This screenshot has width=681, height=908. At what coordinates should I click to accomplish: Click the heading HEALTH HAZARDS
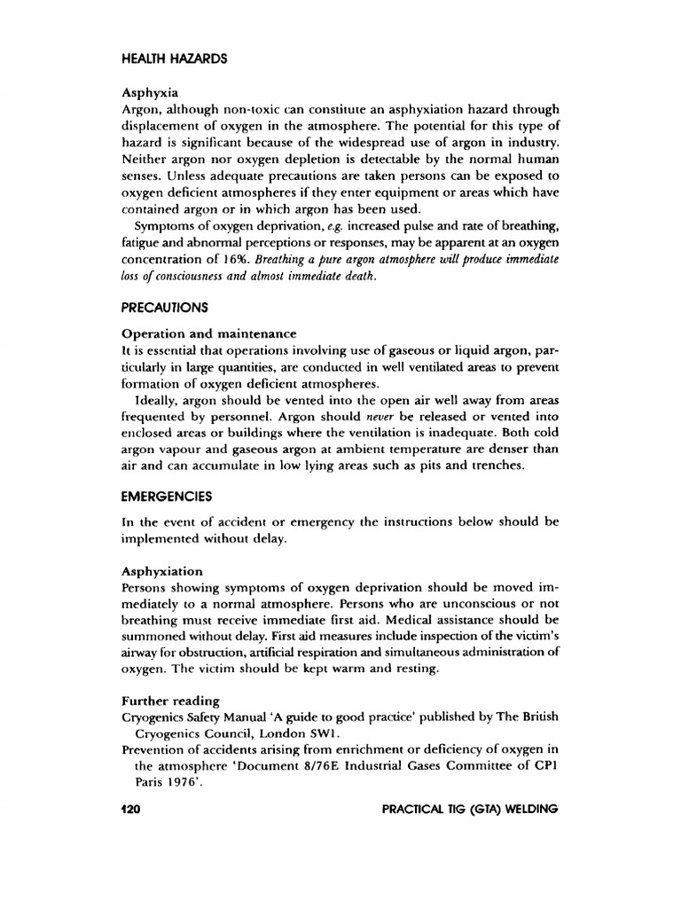pyautogui.click(x=173, y=59)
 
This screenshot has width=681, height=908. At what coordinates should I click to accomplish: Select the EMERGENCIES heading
pyautogui.click(x=168, y=497)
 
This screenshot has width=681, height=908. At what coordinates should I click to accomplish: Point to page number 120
pyautogui.click(x=131, y=810)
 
